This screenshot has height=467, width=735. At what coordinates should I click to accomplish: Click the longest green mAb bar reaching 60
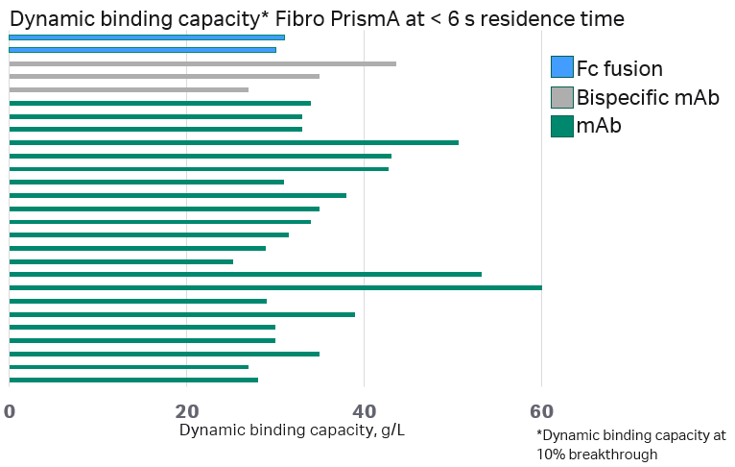point(275,287)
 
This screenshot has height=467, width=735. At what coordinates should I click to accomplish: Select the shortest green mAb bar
point(121,261)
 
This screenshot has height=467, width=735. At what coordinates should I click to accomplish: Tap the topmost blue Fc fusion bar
point(147,37)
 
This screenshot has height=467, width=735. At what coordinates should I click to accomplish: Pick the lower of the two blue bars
point(142,50)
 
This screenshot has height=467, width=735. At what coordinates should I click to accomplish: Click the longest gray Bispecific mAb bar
point(202,63)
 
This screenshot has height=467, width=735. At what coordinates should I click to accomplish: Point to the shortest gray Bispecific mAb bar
point(129,89)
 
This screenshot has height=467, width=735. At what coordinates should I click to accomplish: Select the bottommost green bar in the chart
point(133,380)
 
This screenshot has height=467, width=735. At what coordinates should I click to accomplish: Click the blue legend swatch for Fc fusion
point(561,68)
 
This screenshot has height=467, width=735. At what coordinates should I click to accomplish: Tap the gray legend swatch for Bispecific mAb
point(561,97)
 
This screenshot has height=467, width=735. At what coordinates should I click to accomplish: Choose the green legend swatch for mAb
point(561,125)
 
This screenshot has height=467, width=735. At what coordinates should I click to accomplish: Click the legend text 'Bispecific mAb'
point(648,97)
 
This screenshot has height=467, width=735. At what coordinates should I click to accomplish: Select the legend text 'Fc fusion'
point(619,68)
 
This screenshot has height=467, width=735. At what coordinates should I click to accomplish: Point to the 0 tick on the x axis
point(10,411)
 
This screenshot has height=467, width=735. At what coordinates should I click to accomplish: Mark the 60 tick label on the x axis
point(541,411)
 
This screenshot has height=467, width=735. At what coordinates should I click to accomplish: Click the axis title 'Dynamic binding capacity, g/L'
point(292,430)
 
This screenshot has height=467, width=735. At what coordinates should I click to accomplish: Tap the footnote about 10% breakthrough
point(630,444)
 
